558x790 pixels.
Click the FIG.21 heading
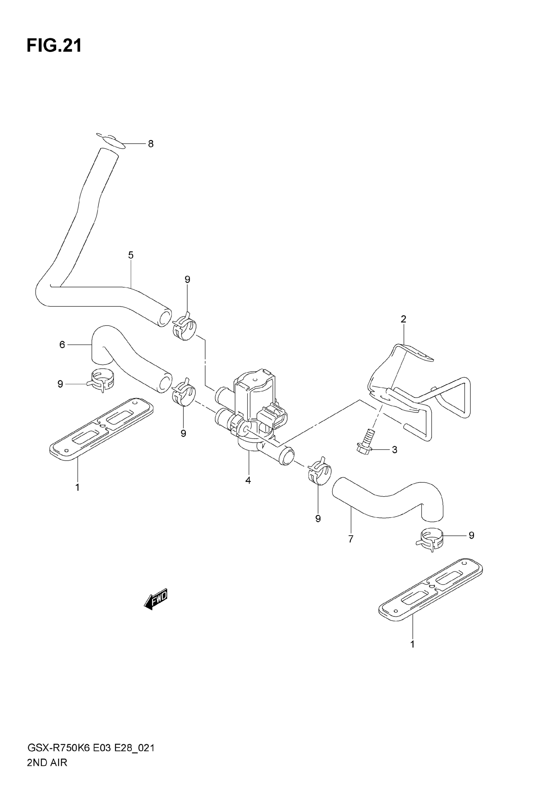click(54, 45)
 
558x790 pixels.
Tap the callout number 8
click(151, 144)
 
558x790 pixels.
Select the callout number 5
click(131, 255)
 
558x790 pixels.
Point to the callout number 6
click(62, 345)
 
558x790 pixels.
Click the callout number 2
click(403, 319)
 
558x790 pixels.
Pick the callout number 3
click(394, 450)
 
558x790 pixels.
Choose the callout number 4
click(248, 480)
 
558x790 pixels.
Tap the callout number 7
click(351, 539)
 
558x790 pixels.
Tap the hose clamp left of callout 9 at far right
click(429, 539)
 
